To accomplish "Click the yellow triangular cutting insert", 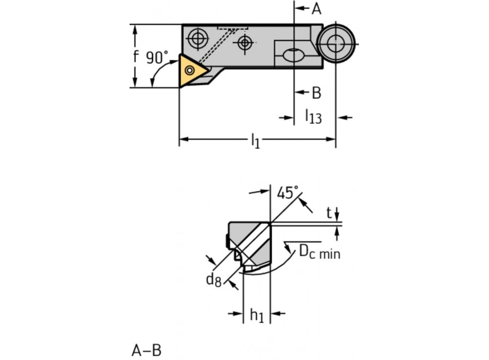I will [x=191, y=71].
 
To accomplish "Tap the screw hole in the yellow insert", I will [x=189, y=70].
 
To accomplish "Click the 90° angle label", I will [x=157, y=57].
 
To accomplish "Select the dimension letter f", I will [x=136, y=56].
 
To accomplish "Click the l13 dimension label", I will [x=313, y=116].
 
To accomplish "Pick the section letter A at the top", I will [x=316, y=8].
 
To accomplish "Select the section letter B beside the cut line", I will [x=316, y=92].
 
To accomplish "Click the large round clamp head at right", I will [x=335, y=44].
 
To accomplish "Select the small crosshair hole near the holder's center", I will [x=244, y=43].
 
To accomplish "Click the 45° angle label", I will [x=288, y=193].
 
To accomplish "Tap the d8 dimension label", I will [x=213, y=279].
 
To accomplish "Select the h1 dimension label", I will [x=257, y=315].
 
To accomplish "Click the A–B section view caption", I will [x=146, y=350].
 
